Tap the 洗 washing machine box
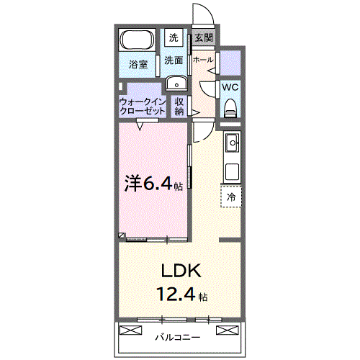pyautogui.click(x=174, y=37)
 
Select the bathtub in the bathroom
pyautogui.click(x=136, y=40)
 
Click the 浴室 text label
pyautogui.click(x=138, y=64)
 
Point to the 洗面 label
pyautogui.click(x=174, y=60)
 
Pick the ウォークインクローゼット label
pyautogui.click(x=143, y=107)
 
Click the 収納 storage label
pyautogui.click(x=179, y=107)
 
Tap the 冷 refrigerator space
pyautogui.click(x=232, y=196)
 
